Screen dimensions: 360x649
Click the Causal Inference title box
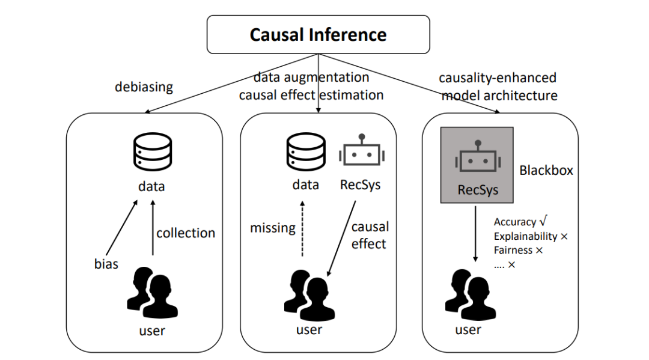click(318, 34)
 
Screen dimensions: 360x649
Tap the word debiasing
click(144, 87)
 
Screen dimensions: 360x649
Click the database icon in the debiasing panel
click(151, 154)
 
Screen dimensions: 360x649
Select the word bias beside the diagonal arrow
click(106, 264)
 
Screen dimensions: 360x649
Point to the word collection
click(186, 233)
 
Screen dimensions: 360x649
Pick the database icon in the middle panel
click(305, 154)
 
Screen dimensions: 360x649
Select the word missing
click(273, 228)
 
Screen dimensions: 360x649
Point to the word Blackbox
click(546, 171)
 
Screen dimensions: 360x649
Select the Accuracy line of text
click(520, 222)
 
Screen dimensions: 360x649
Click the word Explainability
click(525, 236)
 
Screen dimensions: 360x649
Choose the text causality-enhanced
click(498, 78)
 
